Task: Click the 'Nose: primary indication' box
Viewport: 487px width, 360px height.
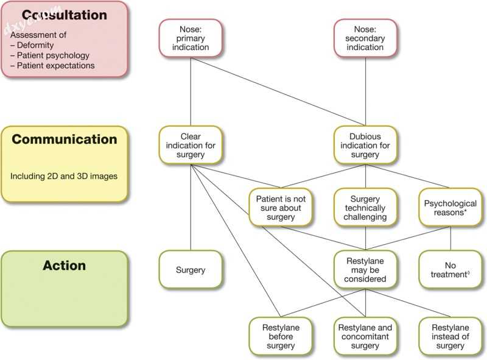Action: coord(191,38)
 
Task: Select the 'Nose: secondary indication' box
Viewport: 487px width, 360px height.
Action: coord(365,38)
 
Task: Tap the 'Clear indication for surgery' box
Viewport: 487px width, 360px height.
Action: coord(191,146)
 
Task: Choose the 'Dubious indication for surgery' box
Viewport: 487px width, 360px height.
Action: coord(365,146)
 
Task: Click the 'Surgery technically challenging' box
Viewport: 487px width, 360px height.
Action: coord(365,208)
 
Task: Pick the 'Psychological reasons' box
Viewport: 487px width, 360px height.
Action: coord(450,208)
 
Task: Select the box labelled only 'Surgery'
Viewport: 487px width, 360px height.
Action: coord(191,270)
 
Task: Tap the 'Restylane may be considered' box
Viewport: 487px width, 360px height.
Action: coord(365,270)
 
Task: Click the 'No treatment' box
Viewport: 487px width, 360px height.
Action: coord(450,270)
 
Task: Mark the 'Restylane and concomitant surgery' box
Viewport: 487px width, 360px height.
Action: coord(365,336)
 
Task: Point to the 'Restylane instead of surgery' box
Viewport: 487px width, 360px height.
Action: coord(450,336)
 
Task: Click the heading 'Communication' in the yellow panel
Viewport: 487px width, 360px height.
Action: coord(65,139)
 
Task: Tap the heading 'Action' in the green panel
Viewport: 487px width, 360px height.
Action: coord(65,266)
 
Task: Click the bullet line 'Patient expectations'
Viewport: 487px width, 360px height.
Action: coord(55,66)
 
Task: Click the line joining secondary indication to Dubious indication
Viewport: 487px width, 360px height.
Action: coord(365,91)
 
